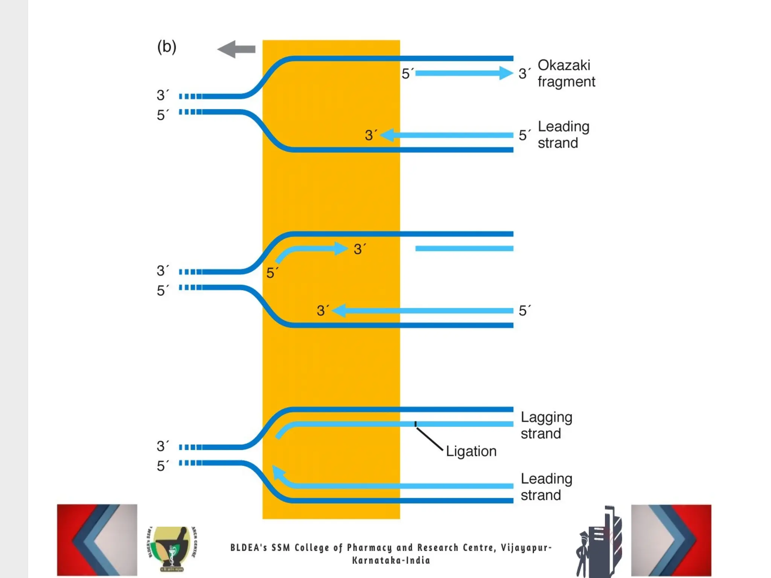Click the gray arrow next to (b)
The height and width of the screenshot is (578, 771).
pos(236,49)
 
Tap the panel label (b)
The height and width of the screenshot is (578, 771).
pos(166,47)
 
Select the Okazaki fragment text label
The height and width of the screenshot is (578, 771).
pos(566,73)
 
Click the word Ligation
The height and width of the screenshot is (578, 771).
pos(471,451)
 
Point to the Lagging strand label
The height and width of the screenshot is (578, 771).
pos(546,425)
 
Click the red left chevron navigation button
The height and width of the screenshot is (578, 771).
pos(97,540)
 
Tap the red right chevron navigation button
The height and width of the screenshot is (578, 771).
pos(671,540)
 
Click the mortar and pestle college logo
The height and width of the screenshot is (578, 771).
pos(172,549)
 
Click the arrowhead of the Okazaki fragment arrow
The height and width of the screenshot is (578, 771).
pos(506,73)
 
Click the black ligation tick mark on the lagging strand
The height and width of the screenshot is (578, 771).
pos(416,424)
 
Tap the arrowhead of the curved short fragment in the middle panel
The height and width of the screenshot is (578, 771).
pos(341,248)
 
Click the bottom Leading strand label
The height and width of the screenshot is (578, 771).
pos(546,487)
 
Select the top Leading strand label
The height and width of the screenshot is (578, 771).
pos(563,135)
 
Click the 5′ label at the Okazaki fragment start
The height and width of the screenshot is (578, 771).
pos(407,74)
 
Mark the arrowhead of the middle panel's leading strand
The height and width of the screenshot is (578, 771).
pos(339,311)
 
